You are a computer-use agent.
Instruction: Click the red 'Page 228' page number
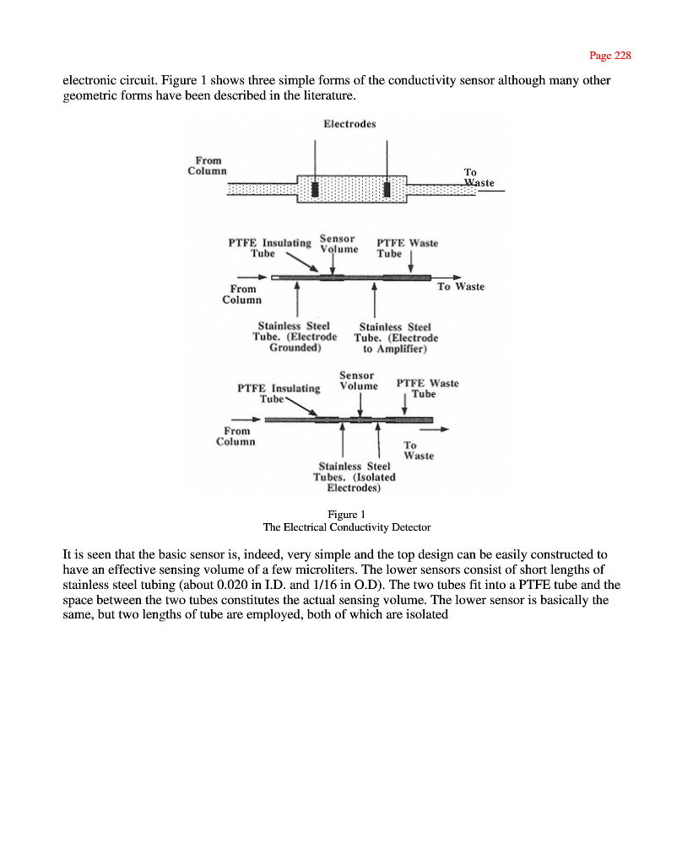coord(609,56)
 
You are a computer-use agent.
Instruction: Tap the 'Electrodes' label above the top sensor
coord(349,123)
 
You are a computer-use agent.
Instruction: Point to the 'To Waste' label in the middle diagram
coord(460,287)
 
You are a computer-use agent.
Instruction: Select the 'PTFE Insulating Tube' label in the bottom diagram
coord(279,393)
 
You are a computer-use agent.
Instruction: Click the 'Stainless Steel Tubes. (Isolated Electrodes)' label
coord(355,477)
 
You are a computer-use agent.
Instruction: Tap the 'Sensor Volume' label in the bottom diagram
coord(358,381)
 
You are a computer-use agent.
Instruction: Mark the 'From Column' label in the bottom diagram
coord(236,436)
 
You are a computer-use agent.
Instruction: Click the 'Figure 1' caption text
coord(346,514)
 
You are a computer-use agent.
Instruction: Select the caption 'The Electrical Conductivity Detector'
coord(347,527)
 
